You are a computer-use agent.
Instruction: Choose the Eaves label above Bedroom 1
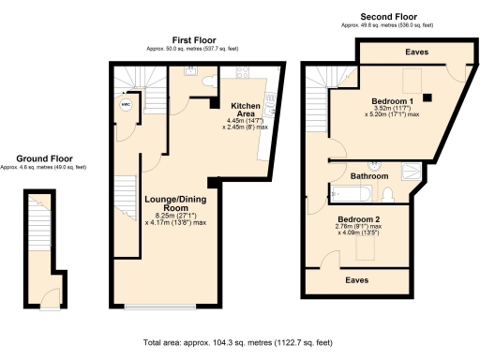(416, 53)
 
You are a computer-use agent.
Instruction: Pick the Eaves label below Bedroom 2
(355, 278)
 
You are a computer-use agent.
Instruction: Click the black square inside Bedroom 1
(427, 96)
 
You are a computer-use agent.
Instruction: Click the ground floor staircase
(37, 230)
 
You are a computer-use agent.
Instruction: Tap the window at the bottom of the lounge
(159, 307)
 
